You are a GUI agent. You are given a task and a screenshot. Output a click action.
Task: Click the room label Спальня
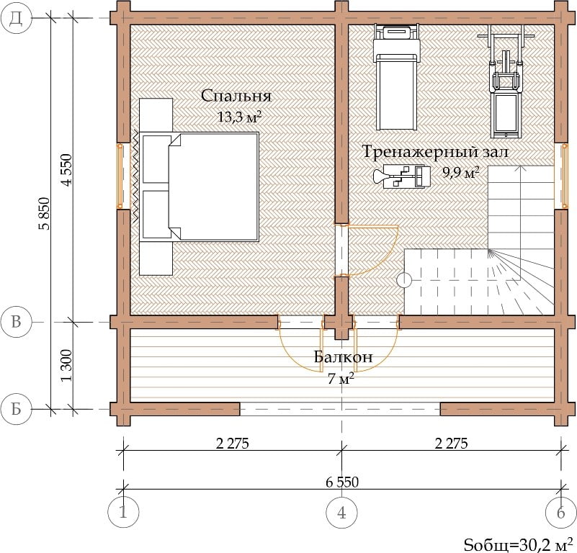[236, 96]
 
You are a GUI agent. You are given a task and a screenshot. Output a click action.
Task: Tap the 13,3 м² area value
[240, 117]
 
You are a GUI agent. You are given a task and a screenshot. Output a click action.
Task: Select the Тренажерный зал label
[435, 152]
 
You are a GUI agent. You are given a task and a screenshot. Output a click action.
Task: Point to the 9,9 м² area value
[461, 172]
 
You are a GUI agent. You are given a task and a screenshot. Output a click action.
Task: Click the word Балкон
[344, 357]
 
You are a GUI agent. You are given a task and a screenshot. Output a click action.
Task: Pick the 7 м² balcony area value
[341, 378]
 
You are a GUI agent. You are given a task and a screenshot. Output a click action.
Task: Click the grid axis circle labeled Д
[15, 19]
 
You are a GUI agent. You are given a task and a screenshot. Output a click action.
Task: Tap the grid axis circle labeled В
[16, 323]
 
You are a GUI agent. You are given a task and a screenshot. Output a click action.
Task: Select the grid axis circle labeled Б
[16, 409]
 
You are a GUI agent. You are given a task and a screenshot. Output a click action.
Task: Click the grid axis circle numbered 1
[123, 512]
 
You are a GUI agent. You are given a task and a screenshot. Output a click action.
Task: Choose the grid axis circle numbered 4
[342, 512]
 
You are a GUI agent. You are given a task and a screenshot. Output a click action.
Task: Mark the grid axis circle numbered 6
[561, 512]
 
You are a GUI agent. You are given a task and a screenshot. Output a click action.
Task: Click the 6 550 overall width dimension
[342, 482]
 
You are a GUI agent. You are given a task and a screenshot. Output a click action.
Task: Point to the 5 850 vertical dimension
[44, 214]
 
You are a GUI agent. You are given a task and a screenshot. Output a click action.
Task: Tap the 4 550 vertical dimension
[67, 170]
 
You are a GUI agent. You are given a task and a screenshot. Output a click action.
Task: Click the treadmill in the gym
[396, 76]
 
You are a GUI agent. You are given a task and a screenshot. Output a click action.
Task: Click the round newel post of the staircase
[404, 280]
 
